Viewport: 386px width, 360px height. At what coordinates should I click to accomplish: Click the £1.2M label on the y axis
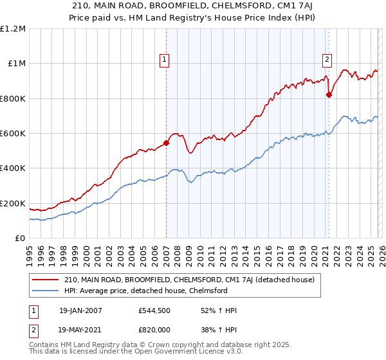click(x=13, y=29)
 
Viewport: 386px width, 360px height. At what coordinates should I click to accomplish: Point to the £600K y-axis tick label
click(x=13, y=134)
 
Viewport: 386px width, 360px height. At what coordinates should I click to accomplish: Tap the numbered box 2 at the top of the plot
click(x=327, y=60)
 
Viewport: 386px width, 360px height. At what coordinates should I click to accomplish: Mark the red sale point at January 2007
click(x=166, y=143)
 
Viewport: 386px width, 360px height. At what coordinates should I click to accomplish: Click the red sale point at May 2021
click(x=329, y=95)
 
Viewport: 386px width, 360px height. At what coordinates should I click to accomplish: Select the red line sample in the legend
click(x=46, y=280)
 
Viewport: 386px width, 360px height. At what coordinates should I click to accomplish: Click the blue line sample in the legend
click(x=46, y=291)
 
